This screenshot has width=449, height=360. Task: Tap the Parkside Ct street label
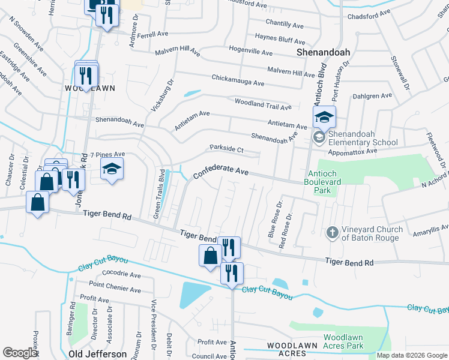tap(226, 148)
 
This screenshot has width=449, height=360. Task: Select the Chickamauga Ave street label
tap(238, 80)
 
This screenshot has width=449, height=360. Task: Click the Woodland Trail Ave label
tap(263, 104)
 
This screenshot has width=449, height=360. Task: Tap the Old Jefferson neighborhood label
tap(98, 354)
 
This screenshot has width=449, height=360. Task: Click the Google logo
tap(20, 353)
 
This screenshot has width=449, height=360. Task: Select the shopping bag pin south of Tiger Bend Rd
tap(210, 256)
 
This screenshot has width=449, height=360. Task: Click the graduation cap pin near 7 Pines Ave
tap(112, 170)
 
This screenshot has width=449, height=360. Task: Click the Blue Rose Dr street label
tap(274, 223)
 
